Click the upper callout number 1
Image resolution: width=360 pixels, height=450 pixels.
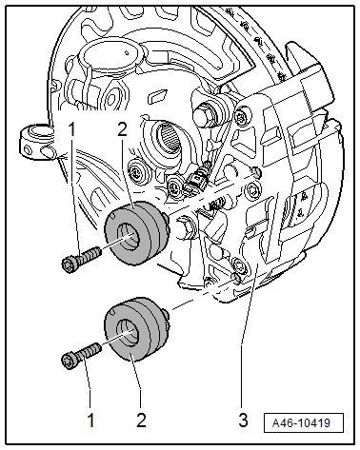coord(72,129)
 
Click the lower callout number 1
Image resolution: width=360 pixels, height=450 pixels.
coord(90,421)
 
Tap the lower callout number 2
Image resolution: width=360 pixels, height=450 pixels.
coord(141,421)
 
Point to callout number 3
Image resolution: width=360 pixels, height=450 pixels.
coord(243,421)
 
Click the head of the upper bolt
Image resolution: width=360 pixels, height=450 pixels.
coord(69,264)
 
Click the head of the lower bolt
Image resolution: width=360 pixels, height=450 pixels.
coord(68,362)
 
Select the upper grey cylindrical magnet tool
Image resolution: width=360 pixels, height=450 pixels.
coord(136,233)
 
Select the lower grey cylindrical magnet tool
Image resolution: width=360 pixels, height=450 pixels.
coord(136,329)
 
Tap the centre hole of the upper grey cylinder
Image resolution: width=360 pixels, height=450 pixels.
coord(129,236)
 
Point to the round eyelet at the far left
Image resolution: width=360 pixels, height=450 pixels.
coord(36,141)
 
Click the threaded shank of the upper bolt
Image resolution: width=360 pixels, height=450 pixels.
coord(89,256)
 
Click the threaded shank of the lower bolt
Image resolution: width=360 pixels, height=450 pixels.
coord(89,353)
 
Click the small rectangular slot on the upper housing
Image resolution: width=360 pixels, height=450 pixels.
coord(157,96)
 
